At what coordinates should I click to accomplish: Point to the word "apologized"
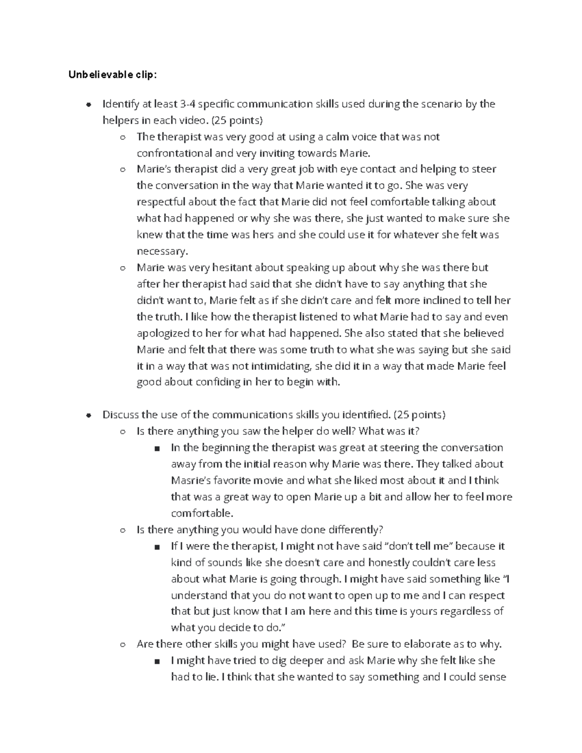click(x=163, y=334)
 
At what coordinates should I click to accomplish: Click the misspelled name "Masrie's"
click(x=192, y=481)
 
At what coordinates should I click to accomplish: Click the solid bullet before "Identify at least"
click(x=88, y=104)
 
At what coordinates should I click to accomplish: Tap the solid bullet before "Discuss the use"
click(x=88, y=415)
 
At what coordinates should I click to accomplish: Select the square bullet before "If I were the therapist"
click(x=157, y=547)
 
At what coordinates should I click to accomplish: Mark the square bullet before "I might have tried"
click(x=157, y=661)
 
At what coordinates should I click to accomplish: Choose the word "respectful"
click(x=161, y=202)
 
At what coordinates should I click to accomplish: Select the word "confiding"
click(x=217, y=382)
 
